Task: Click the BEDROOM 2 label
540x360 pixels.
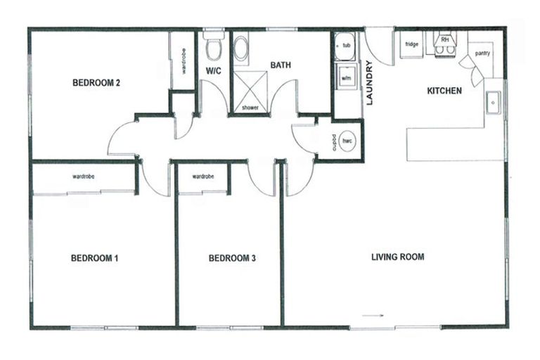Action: (96, 83)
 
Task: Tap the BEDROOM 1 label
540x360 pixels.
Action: (94, 258)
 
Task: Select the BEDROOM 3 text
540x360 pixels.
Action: (231, 258)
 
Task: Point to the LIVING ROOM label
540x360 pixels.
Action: (397, 257)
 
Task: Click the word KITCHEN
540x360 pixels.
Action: (444, 91)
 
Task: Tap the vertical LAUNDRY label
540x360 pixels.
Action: (369, 83)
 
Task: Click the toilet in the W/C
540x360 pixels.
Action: (213, 47)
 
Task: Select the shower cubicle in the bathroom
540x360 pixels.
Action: (250, 91)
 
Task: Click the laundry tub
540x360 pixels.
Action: (345, 46)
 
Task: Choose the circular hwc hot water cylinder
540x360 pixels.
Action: (347, 141)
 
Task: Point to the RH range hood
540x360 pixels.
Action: (444, 41)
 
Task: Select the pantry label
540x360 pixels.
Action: (482, 53)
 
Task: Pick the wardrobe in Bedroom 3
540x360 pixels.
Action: (202, 178)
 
